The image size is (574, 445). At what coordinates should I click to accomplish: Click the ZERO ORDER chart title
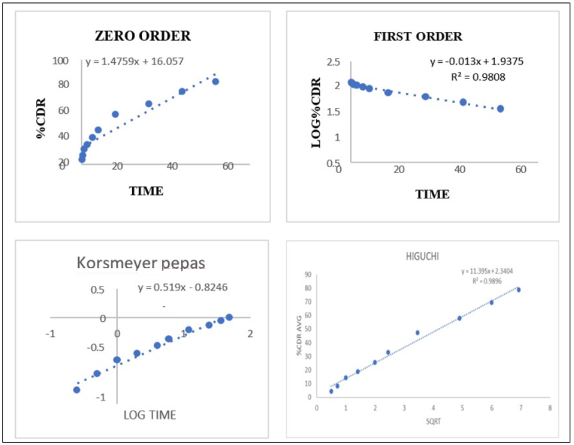(x=142, y=36)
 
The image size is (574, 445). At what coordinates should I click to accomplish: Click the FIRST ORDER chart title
(x=418, y=36)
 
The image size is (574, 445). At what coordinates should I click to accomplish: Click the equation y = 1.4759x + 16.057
(x=134, y=61)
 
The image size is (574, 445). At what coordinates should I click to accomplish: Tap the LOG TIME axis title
(x=150, y=415)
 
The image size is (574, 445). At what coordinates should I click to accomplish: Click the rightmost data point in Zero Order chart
(x=215, y=81)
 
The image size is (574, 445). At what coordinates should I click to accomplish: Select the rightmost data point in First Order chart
(x=500, y=109)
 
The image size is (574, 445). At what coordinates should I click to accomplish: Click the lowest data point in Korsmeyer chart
(x=77, y=390)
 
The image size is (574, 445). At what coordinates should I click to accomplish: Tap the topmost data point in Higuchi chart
(x=518, y=290)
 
